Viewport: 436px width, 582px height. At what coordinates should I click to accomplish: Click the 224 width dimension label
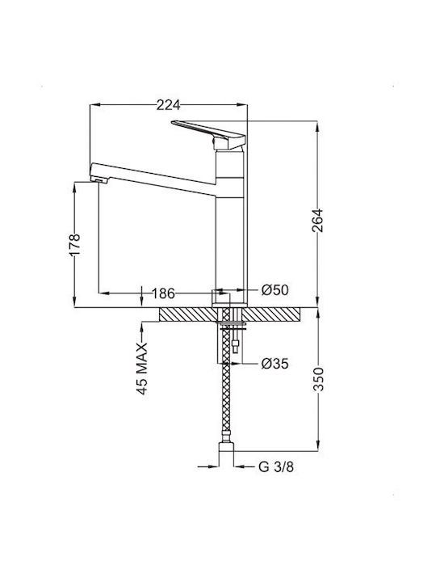tap(168, 105)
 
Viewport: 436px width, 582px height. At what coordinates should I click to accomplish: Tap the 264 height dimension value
tap(317, 221)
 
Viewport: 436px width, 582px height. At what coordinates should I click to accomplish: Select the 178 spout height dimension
tap(74, 245)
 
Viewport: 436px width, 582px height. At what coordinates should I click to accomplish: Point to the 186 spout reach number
tap(163, 293)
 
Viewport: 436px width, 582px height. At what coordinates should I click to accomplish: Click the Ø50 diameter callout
tap(275, 290)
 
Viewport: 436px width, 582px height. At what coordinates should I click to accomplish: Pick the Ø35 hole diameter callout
tap(275, 364)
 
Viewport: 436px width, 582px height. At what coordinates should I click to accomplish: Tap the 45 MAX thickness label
tap(142, 369)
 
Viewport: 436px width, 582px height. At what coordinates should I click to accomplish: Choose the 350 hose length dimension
tap(318, 379)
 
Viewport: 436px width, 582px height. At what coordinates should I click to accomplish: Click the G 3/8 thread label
tap(276, 467)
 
